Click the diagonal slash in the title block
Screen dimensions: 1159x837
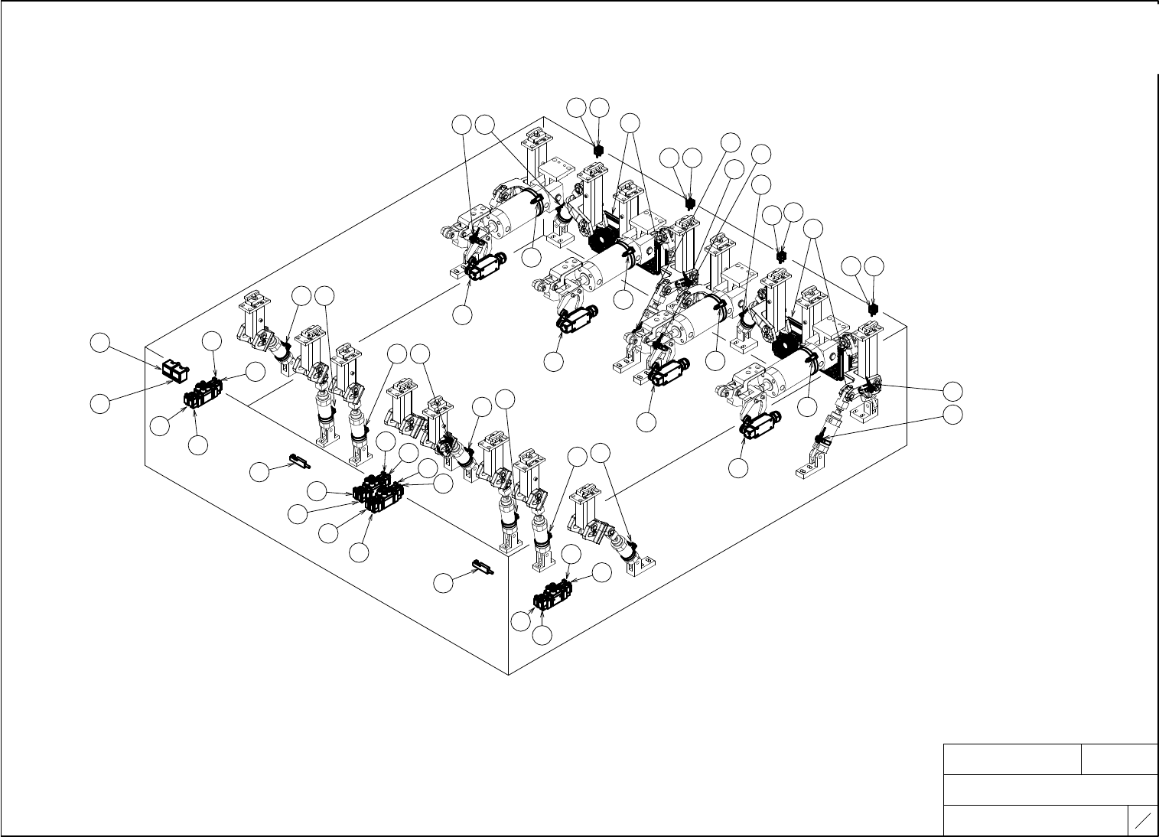[1143, 821]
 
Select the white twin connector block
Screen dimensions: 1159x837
[175, 371]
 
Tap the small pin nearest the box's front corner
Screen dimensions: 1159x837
[480, 567]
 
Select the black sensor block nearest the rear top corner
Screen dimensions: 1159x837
[597, 149]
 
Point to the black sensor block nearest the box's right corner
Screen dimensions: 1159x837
[871, 308]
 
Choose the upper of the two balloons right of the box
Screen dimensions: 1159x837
[952, 391]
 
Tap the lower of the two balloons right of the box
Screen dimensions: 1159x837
[952, 415]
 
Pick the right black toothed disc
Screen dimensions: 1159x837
[786, 347]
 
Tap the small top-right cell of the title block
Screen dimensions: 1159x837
[1118, 759]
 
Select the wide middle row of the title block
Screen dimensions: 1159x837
[1050, 790]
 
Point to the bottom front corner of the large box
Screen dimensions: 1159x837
[509, 675]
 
